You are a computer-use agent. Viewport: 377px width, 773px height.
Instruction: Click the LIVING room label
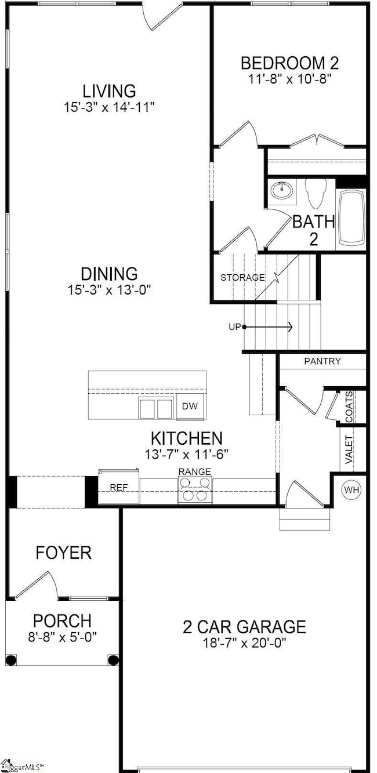pyautogui.click(x=109, y=91)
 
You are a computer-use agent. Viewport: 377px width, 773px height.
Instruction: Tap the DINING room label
pyautogui.click(x=109, y=274)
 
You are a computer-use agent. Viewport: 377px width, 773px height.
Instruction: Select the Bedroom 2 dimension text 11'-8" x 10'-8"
pyautogui.click(x=290, y=79)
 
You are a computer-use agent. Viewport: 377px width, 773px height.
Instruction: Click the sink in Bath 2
pyautogui.click(x=282, y=190)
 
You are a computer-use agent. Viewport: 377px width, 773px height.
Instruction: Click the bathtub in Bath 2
pyautogui.click(x=352, y=218)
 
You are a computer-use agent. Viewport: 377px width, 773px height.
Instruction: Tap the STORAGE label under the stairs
pyautogui.click(x=242, y=277)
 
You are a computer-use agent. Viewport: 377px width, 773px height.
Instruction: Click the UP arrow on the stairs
pyautogui.click(x=268, y=326)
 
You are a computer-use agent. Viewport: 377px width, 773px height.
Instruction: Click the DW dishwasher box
pyautogui.click(x=190, y=406)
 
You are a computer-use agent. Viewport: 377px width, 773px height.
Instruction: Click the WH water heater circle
pyautogui.click(x=351, y=489)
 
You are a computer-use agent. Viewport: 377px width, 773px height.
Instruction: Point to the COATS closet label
pyautogui.click(x=349, y=407)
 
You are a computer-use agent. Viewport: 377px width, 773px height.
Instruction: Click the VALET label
pyautogui.click(x=349, y=449)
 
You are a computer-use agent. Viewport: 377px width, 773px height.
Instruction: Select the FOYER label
pyautogui.click(x=64, y=553)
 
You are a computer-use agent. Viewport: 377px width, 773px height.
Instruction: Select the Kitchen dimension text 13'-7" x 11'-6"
pyautogui.click(x=187, y=454)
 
